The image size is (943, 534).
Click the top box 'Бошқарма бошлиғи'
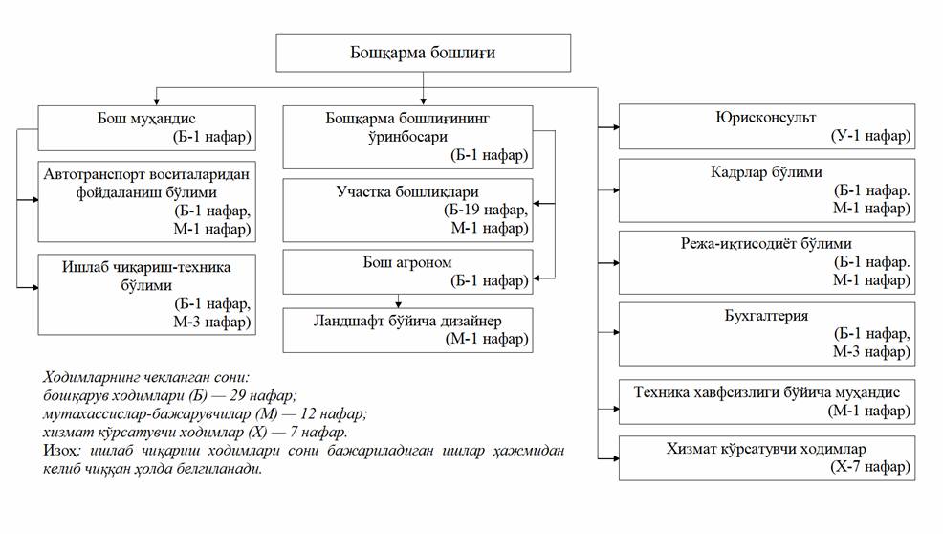[423, 54]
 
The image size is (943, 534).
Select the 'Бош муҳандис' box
[146, 127]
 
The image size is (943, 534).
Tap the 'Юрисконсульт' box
[765, 126]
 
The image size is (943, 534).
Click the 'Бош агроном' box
[407, 271]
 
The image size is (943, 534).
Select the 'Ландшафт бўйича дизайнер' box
[407, 330]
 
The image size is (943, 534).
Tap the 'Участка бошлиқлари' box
[407, 210]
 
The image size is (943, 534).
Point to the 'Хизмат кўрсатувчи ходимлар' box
[765, 458]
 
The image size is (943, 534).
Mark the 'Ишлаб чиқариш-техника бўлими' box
[146, 294]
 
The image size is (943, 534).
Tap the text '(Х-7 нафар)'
[869, 469]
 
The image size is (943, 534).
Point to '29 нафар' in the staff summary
[264, 396]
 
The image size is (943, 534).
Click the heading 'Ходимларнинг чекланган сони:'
[146, 378]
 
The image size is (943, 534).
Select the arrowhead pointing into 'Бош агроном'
[538, 278]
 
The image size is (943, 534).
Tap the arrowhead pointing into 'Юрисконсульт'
[614, 124]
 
